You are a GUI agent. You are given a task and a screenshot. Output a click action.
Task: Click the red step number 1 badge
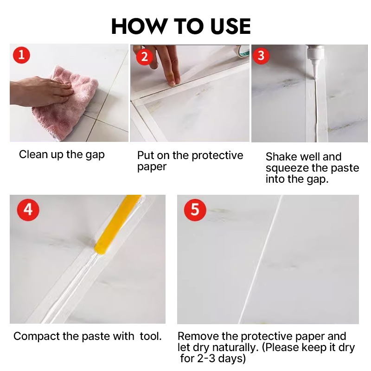21,55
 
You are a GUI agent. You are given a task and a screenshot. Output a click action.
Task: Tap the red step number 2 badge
144,57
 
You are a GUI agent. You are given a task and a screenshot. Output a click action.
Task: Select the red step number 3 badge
261,56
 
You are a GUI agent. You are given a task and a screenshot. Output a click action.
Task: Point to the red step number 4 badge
28,210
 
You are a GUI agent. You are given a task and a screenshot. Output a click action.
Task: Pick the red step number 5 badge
195,210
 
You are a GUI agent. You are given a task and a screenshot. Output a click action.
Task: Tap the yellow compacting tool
117,225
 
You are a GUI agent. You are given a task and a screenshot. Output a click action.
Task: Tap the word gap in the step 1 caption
95,155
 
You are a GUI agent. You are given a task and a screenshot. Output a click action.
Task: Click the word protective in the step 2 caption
217,156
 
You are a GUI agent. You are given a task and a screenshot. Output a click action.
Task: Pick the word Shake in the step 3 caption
280,157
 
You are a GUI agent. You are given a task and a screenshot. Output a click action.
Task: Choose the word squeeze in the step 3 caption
287,168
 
